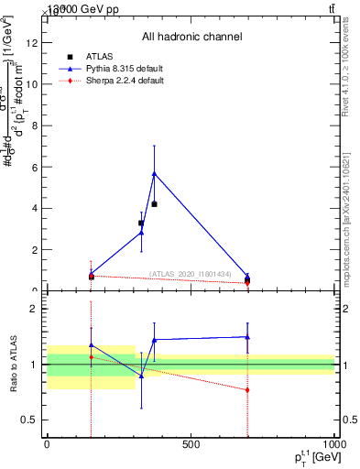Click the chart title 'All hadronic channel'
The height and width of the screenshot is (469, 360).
(191, 37)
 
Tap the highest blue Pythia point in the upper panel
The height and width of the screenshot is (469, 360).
(154, 172)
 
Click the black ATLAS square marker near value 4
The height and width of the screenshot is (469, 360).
(154, 203)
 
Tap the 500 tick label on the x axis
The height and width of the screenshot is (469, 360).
(191, 445)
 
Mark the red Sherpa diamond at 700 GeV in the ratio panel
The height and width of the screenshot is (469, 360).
(248, 389)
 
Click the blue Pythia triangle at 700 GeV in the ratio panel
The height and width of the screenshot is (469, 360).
(248, 337)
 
